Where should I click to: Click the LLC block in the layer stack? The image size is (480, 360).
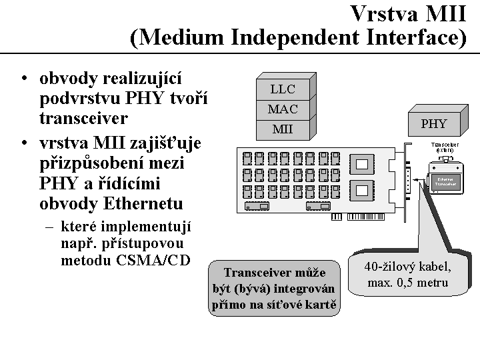[x=282, y=89]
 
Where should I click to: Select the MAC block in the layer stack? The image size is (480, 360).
[x=282, y=109]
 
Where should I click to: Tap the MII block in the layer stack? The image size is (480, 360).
[x=282, y=129]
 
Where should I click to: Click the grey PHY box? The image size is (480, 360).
[x=433, y=123]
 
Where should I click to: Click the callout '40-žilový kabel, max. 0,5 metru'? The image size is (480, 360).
[x=408, y=275]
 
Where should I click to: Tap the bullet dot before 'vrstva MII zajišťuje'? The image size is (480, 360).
[x=24, y=144]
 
